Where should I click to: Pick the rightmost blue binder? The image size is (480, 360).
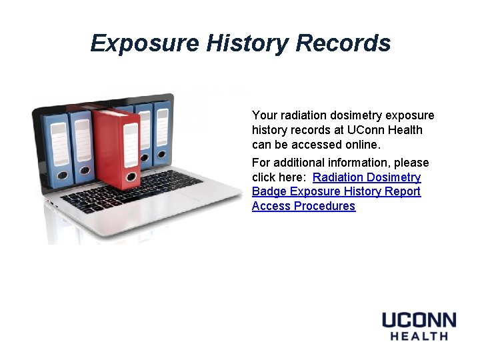point(162,133)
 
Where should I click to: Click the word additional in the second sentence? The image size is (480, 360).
point(303,163)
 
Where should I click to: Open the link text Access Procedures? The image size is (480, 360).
point(303,206)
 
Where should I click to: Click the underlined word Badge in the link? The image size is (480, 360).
point(269,191)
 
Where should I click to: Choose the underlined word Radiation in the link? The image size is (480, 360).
point(340,177)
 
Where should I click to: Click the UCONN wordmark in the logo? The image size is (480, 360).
point(419,320)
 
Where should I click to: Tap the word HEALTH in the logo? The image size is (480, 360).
point(419,336)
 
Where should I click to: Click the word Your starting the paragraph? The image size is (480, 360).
point(263,115)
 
